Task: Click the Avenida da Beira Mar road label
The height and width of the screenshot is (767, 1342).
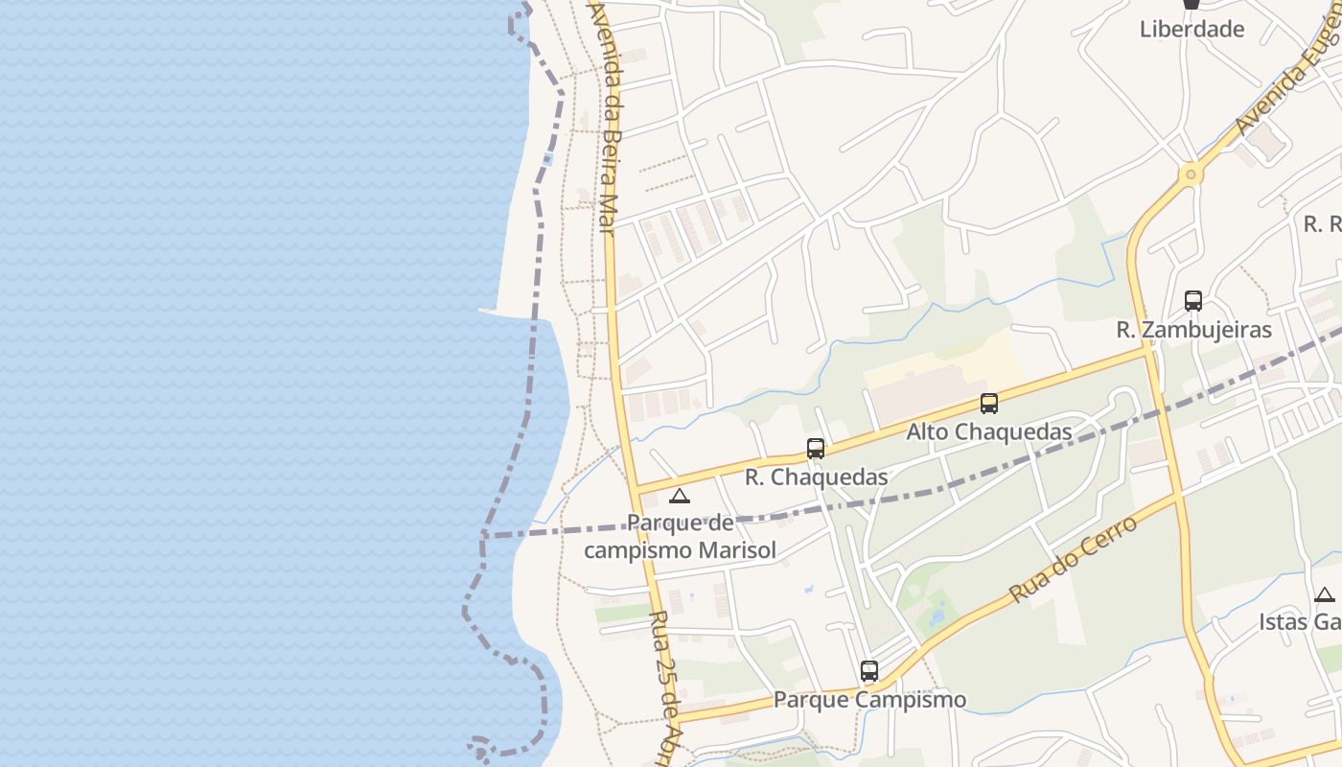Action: click(608, 115)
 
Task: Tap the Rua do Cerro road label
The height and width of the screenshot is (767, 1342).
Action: click(1073, 559)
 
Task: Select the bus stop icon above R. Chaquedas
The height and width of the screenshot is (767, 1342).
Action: click(816, 448)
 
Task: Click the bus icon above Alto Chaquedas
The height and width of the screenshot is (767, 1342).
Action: click(989, 404)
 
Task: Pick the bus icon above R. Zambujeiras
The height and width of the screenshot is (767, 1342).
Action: click(1193, 301)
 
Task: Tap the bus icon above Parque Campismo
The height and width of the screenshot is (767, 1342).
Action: click(869, 671)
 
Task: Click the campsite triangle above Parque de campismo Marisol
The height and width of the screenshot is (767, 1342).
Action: click(680, 496)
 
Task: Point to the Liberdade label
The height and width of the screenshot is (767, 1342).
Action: click(1192, 29)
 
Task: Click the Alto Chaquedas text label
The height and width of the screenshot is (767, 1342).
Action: click(989, 431)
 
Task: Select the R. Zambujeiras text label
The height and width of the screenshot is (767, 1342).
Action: click(1193, 330)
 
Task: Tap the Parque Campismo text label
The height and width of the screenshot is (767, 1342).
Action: click(869, 700)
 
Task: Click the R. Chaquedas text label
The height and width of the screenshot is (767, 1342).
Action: click(816, 476)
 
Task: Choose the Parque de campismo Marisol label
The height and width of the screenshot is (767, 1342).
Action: click(680, 537)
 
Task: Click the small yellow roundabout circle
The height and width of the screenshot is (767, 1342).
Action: click(1191, 174)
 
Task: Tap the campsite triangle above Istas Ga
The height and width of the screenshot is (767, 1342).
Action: click(1325, 594)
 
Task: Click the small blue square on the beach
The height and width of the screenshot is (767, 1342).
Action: click(546, 159)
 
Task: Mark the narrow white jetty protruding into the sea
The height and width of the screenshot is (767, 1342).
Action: click(491, 311)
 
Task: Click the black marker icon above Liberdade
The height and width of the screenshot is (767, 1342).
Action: click(1192, 4)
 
